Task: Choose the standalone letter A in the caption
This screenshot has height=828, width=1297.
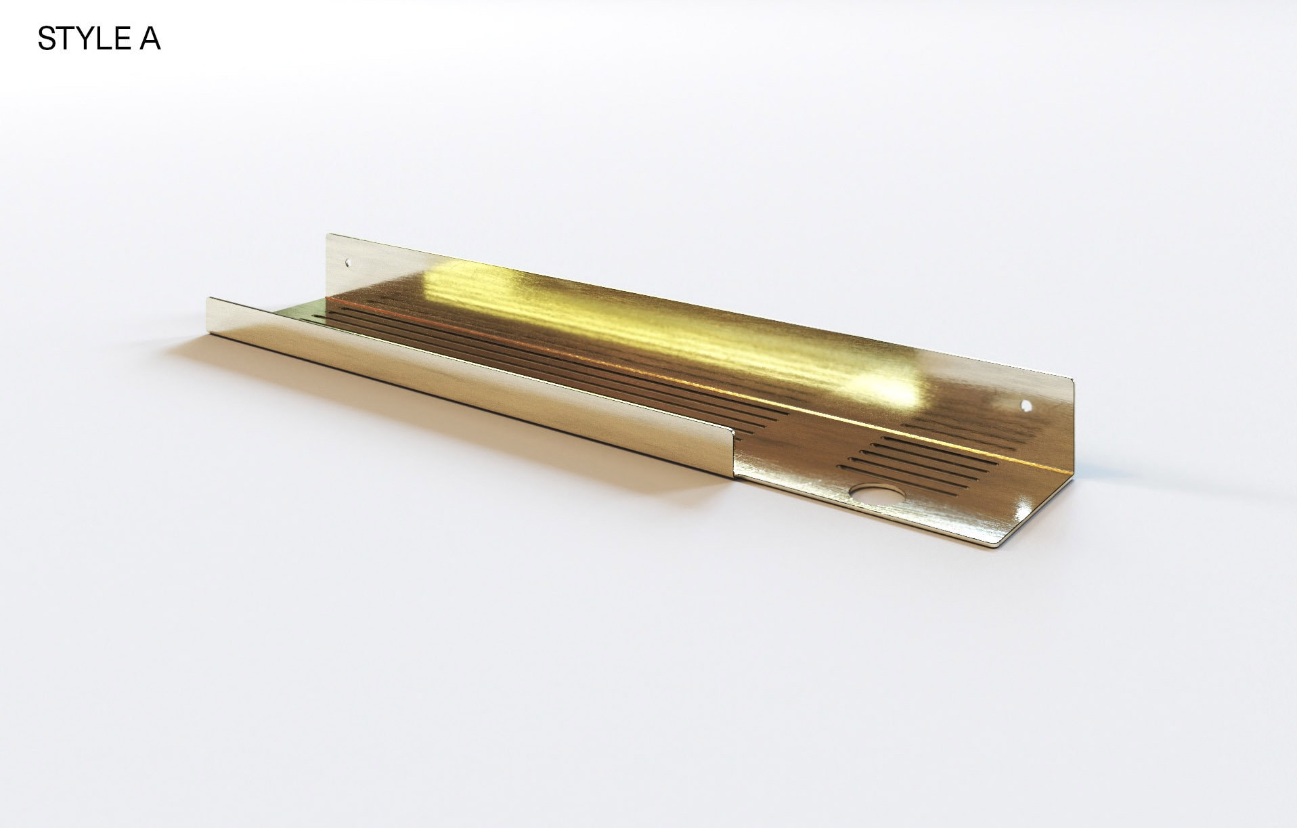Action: coord(150,39)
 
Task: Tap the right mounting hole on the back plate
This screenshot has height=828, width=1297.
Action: coord(1026,406)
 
